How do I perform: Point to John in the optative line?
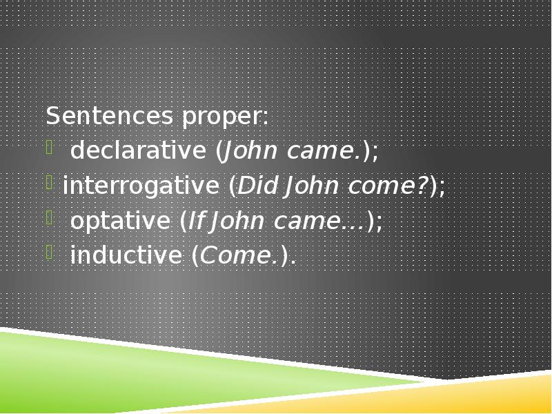point(236,221)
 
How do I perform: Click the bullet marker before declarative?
point(50,146)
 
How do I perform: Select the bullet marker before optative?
point(50,217)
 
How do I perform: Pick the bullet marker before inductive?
point(50,251)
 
